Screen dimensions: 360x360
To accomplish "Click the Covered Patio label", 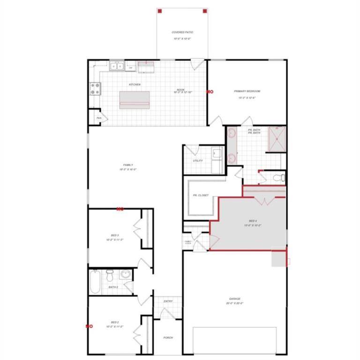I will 182,32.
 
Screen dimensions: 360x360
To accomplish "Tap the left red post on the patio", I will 160,11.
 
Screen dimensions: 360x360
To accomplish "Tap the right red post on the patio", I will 204,11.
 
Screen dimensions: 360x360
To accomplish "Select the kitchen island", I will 135,99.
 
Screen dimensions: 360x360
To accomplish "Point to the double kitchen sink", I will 116,67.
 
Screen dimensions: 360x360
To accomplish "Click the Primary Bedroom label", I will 247,91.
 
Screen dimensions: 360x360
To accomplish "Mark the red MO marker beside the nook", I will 210,92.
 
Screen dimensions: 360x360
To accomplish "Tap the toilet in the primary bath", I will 279,178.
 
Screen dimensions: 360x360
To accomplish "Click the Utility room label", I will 198,161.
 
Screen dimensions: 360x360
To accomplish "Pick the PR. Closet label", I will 201,195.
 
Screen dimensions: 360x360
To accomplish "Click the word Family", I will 127,165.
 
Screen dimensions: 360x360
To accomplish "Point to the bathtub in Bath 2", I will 95,281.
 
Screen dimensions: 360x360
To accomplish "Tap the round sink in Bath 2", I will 125,275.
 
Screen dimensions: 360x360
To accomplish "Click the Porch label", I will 168,337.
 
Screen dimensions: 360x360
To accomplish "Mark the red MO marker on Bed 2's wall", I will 88,326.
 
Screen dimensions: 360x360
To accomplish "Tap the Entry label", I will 168,301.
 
